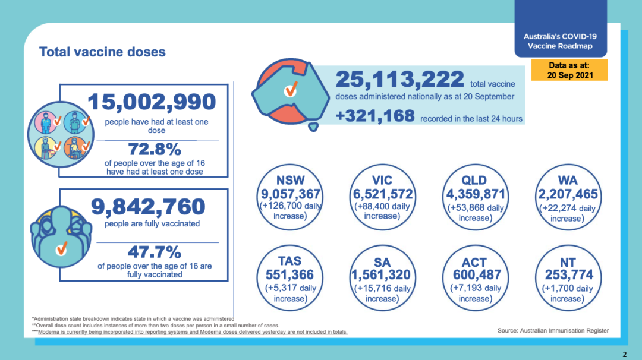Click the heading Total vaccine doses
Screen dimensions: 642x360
[x=102, y=52]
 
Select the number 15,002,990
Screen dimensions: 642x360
[x=152, y=102]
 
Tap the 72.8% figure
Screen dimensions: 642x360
[x=155, y=149]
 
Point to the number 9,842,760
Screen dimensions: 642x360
[x=148, y=207]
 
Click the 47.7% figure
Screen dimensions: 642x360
[x=155, y=252]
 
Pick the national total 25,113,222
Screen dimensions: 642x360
[x=400, y=80]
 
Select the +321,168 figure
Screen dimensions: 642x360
[x=375, y=116]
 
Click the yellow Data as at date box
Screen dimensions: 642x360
[x=569, y=70]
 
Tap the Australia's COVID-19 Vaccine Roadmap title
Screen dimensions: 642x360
[x=560, y=41]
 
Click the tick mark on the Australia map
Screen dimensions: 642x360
[x=291, y=89]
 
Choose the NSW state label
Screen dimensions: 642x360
[x=290, y=181]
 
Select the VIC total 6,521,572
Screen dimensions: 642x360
[x=383, y=194]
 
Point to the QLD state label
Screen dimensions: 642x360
[x=474, y=181]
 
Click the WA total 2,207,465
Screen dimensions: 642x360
[x=568, y=194]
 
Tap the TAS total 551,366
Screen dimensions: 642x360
[x=290, y=275]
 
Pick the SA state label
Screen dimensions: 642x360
[x=382, y=262]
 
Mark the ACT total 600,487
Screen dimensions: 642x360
[x=477, y=275]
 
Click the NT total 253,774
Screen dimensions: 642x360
[x=569, y=275]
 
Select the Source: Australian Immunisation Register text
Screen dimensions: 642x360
[x=553, y=330]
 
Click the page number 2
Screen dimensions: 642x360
[x=624, y=355]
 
